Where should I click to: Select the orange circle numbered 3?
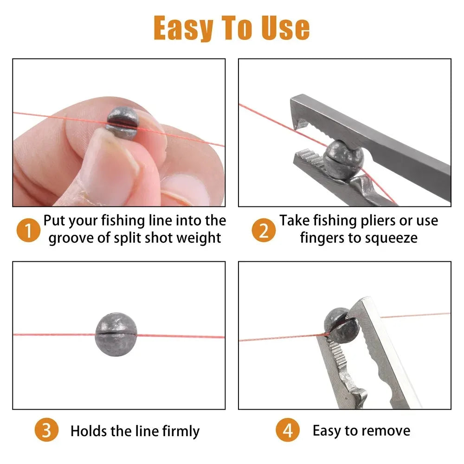(x=46, y=431)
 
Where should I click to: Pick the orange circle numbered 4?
(x=288, y=431)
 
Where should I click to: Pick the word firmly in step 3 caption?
(x=181, y=432)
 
